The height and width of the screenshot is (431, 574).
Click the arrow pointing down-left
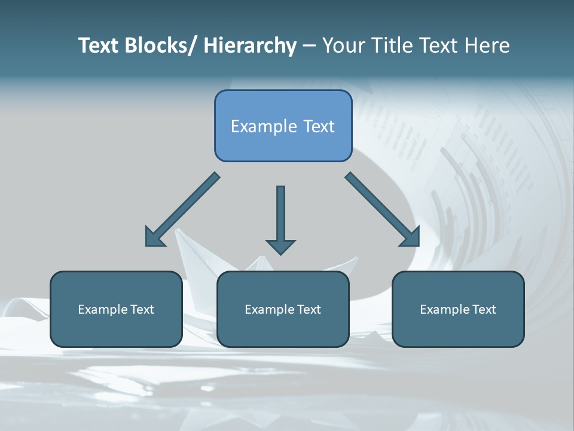coord(183,210)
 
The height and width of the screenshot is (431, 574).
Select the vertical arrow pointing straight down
coord(280,218)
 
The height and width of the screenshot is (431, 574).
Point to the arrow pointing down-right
coord(381,209)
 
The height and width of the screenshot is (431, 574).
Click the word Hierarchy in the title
coord(249,45)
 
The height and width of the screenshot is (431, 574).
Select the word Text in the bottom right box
coord(484,309)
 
